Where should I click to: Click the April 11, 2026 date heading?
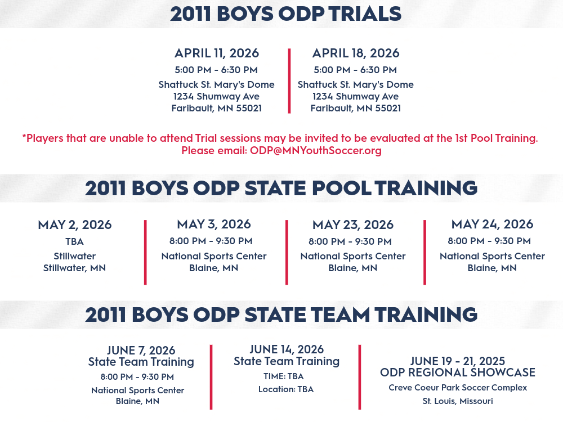pyautogui.click(x=217, y=53)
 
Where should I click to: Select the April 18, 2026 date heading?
pyautogui.click(x=355, y=53)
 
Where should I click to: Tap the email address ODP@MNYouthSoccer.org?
pyautogui.click(x=316, y=150)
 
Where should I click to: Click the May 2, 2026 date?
pyautogui.click(x=75, y=225)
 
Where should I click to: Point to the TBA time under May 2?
pyautogui.click(x=75, y=241)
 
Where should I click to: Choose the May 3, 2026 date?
pyautogui.click(x=213, y=225)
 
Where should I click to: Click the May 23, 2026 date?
pyautogui.click(x=353, y=225)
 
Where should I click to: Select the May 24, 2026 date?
pyautogui.click(x=492, y=225)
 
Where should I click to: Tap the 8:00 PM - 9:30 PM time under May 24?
pyautogui.click(x=489, y=241)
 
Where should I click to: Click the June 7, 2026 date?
pyautogui.click(x=141, y=350)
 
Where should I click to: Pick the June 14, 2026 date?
pyautogui.click(x=287, y=349)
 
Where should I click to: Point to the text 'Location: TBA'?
pyautogui.click(x=286, y=389)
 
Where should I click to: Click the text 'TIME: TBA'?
pyautogui.click(x=284, y=376)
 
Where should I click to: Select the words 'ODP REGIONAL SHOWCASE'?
pyautogui.click(x=457, y=372)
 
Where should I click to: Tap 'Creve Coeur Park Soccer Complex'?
pyautogui.click(x=458, y=388)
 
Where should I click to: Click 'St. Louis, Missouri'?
pyautogui.click(x=457, y=401)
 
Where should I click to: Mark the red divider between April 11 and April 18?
pyautogui.click(x=289, y=81)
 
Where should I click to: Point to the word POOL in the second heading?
pyautogui.click(x=342, y=188)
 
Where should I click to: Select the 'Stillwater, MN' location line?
pyautogui.click(x=75, y=268)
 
